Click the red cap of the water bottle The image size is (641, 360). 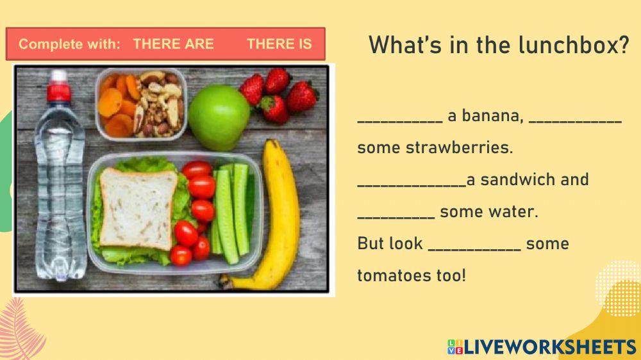(58, 92)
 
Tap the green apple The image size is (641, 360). (219, 118)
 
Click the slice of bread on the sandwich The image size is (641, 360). (138, 208)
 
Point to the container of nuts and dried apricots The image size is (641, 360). (141, 104)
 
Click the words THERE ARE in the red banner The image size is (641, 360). (173, 44)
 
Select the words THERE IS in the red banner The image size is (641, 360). (279, 44)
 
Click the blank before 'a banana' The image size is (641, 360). (400, 121)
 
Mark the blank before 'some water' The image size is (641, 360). (395, 217)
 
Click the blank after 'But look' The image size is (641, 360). (474, 249)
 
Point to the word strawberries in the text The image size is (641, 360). (459, 147)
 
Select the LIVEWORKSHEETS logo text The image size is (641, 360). (550, 347)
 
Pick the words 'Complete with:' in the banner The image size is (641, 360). (69, 44)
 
